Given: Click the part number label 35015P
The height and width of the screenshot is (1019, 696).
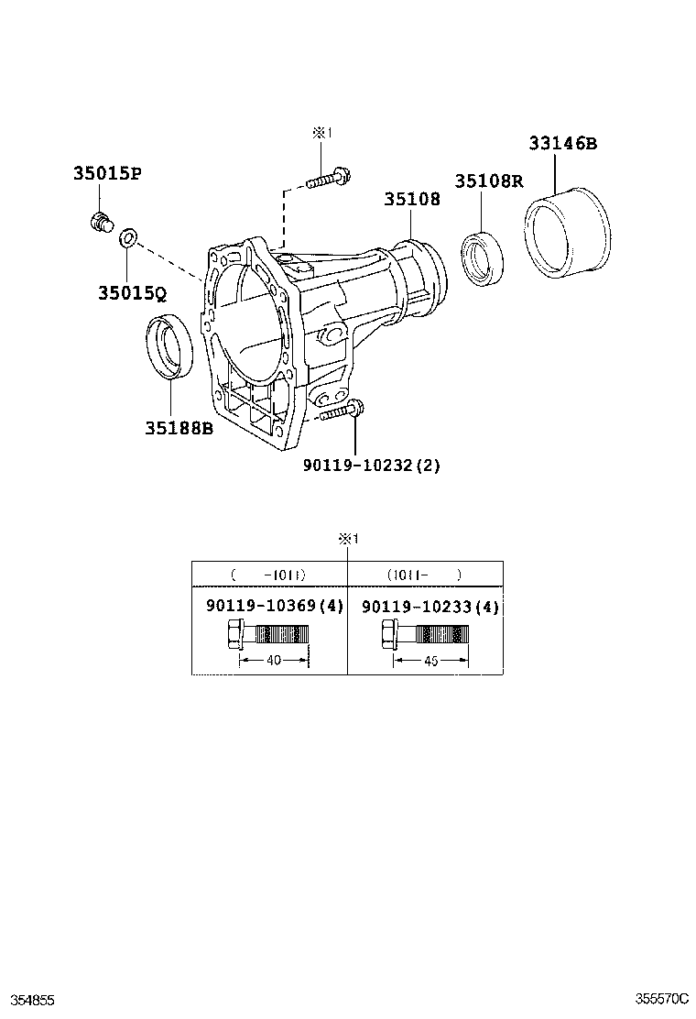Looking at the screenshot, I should pyautogui.click(x=106, y=174).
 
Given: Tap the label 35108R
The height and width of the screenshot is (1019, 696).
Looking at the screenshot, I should pyautogui.click(x=490, y=181).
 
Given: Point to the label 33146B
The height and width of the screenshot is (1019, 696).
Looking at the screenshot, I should pyautogui.click(x=561, y=144).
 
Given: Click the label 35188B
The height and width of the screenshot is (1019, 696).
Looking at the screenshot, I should pyautogui.click(x=178, y=428).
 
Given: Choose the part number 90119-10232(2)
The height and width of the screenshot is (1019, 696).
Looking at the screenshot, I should pyautogui.click(x=372, y=465).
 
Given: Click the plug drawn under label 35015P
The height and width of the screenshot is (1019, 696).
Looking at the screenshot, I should pyautogui.click(x=100, y=221).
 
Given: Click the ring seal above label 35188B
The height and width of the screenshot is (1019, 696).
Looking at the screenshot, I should pyautogui.click(x=170, y=345).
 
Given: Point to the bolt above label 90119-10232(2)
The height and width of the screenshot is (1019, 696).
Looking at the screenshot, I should pyautogui.click(x=344, y=411).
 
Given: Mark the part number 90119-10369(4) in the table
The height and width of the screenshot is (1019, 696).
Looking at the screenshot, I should pyautogui.click(x=274, y=607).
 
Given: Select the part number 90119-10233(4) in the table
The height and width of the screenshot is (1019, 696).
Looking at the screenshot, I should pyautogui.click(x=430, y=607).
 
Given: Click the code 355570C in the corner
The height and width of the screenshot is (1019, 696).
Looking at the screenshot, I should pyautogui.click(x=661, y=998).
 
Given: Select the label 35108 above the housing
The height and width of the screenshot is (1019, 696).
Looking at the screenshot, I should pyautogui.click(x=411, y=199).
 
